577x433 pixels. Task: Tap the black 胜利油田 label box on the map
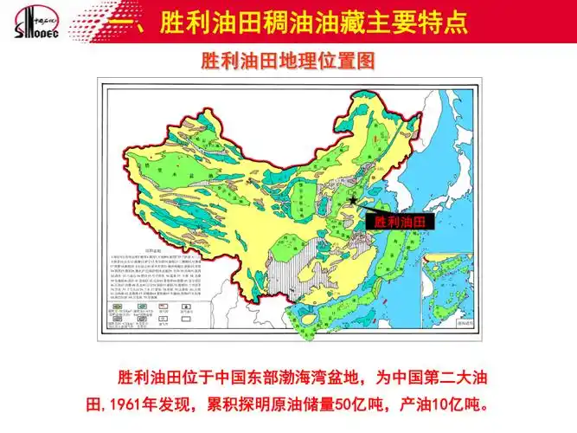(x=400, y=222)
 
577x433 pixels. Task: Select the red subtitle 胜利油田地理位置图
(x=288, y=62)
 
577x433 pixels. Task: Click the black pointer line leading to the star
(x=364, y=208)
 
